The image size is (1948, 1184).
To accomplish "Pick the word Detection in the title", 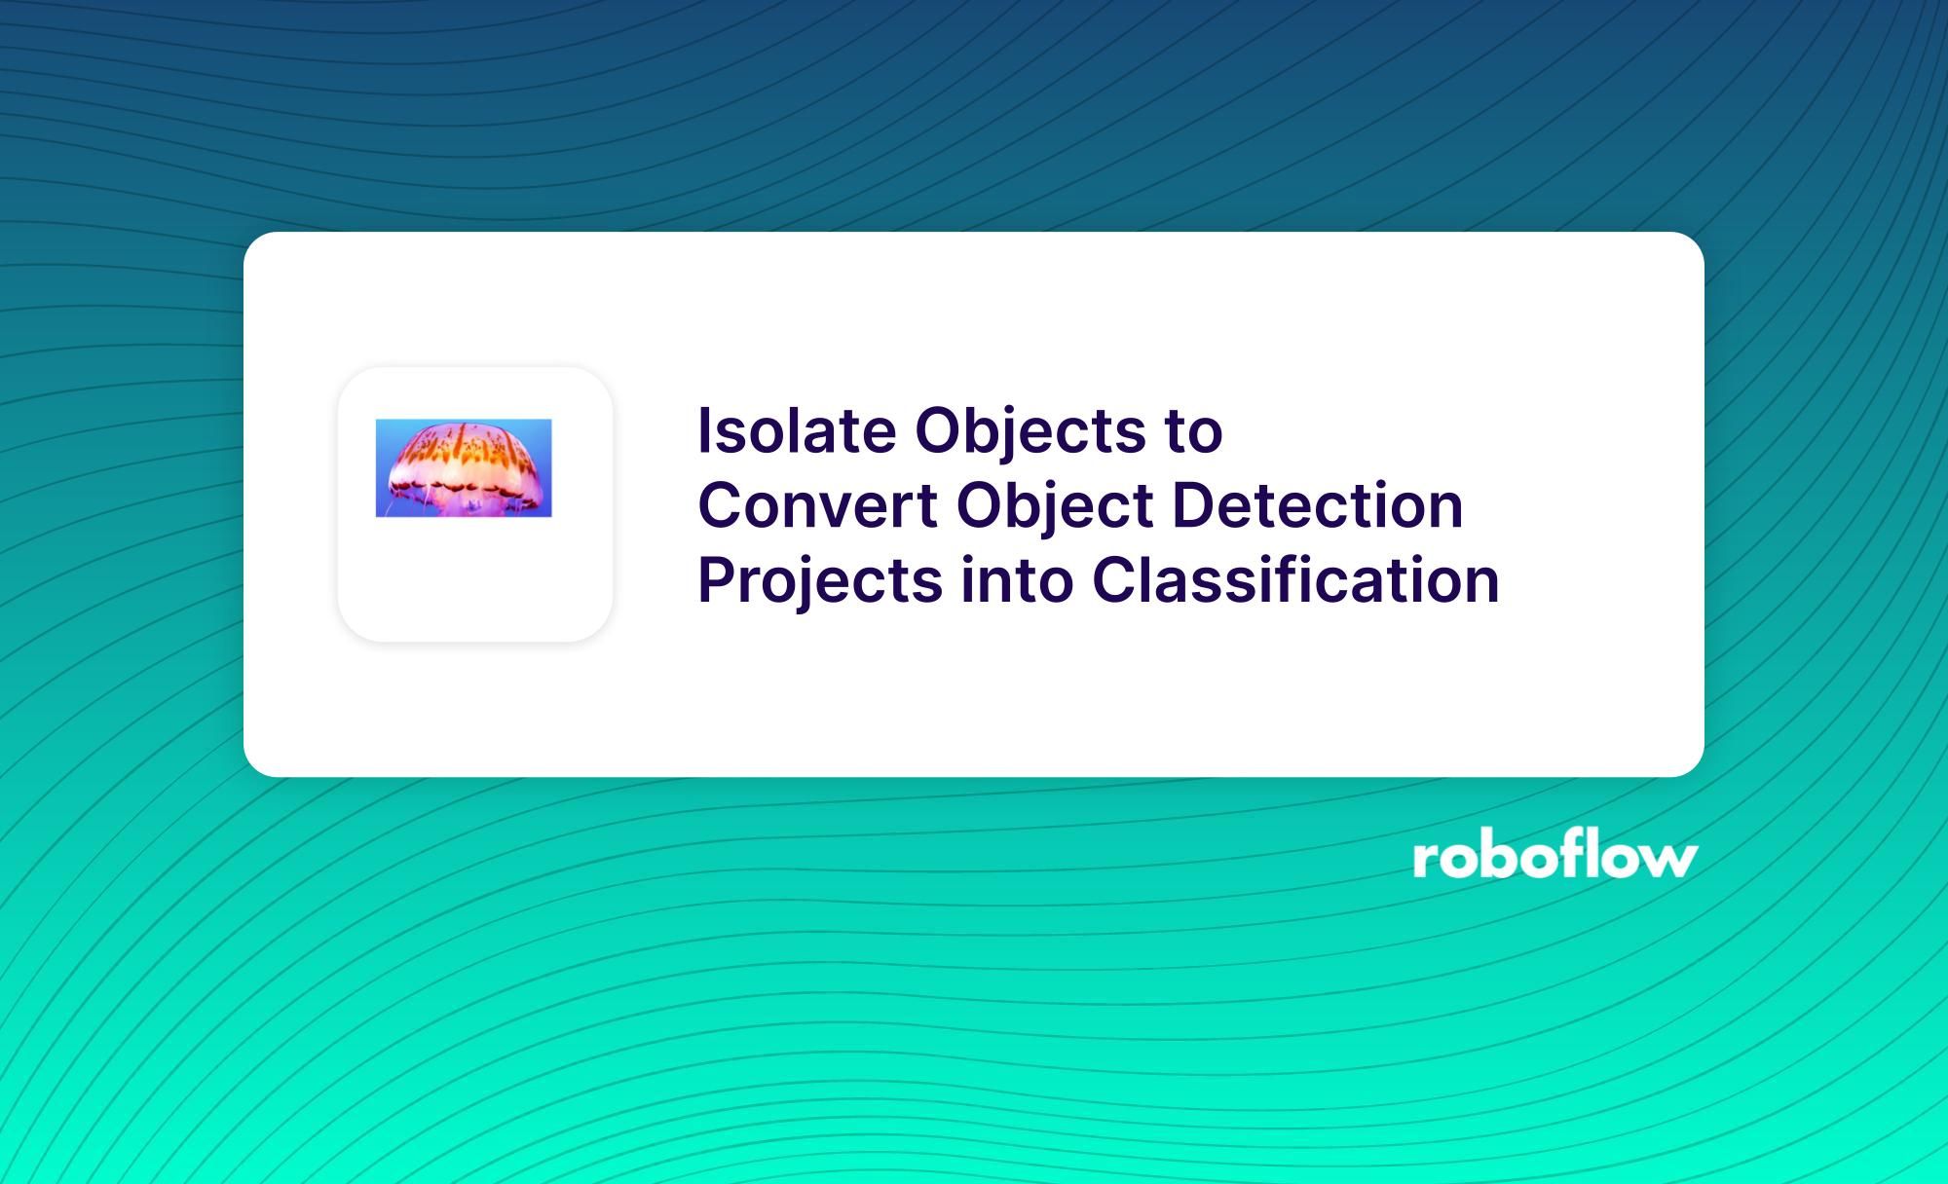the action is (x=1317, y=506).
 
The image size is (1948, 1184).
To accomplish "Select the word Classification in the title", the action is (x=1295, y=580).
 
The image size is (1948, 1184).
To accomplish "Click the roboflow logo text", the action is (x=1555, y=857).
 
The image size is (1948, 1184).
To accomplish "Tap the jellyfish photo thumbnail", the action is (x=464, y=468).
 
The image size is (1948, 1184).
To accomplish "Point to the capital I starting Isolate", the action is (x=705, y=431).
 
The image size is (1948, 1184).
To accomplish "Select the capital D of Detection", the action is (x=1192, y=506).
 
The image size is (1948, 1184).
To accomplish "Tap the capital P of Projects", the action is (x=718, y=580).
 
